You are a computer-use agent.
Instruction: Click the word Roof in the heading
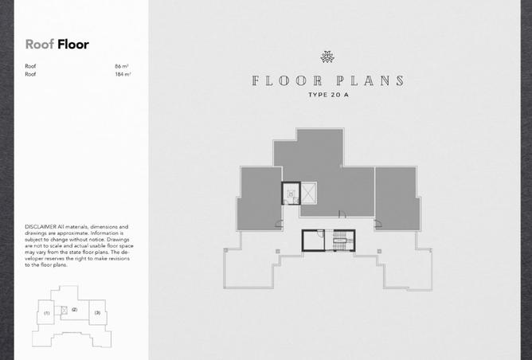39,45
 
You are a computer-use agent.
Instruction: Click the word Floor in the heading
73,45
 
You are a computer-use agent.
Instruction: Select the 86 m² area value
122,66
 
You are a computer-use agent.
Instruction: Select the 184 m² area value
123,74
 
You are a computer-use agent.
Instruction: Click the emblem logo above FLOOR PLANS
327,57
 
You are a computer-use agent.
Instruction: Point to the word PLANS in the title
370,80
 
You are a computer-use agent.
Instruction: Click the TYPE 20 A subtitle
328,95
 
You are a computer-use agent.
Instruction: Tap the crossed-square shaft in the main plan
309,193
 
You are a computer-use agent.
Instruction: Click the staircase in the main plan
339,241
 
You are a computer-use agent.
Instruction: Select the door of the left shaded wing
279,224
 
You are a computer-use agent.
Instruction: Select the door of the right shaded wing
377,224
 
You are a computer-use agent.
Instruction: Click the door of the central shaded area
342,214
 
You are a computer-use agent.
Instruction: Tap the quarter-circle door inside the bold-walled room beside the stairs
321,233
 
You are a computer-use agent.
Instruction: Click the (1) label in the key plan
47,313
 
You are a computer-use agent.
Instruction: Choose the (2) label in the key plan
75,310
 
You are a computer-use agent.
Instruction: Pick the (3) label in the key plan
97,312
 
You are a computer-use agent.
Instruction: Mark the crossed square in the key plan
65,310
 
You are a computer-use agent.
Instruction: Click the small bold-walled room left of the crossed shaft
291,194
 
